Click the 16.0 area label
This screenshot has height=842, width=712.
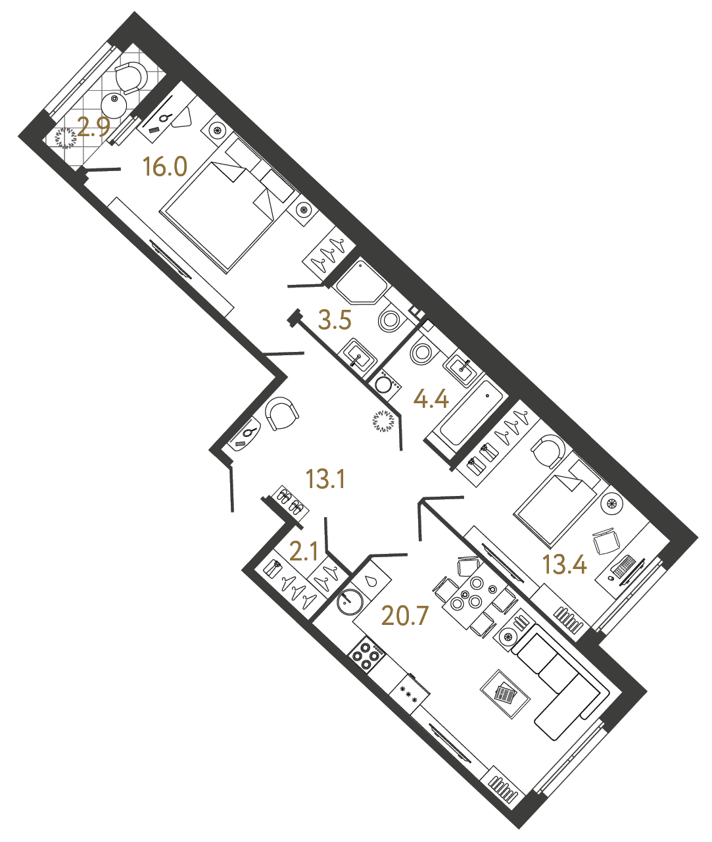pyautogui.click(x=166, y=168)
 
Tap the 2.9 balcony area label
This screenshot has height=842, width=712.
pyautogui.click(x=93, y=127)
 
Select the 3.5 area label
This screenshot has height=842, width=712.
pyautogui.click(x=335, y=320)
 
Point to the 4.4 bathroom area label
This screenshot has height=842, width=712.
pyautogui.click(x=431, y=399)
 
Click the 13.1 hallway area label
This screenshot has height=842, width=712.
pyautogui.click(x=325, y=480)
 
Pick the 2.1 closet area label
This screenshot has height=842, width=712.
pyautogui.click(x=304, y=551)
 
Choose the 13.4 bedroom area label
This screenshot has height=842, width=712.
pyautogui.click(x=565, y=563)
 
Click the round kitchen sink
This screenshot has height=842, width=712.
pyautogui.click(x=349, y=601)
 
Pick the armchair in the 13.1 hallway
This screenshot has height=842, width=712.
pyautogui.click(x=282, y=414)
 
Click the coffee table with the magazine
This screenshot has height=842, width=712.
pyautogui.click(x=505, y=695)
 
